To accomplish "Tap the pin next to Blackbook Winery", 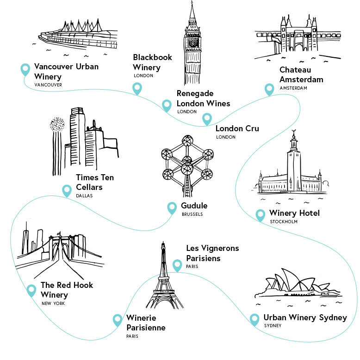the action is click(x=137, y=89).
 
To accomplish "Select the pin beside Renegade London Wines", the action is click(x=167, y=105).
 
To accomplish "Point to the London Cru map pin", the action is click(x=207, y=119).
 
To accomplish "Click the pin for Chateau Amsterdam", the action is click(x=269, y=89).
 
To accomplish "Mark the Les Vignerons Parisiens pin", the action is click(x=177, y=265).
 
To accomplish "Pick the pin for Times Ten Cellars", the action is click(x=67, y=190).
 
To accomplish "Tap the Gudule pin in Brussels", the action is click(x=172, y=208).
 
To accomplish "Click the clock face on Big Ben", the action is click(x=193, y=43).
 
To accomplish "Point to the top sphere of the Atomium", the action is click(x=187, y=140).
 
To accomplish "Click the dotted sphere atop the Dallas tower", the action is click(x=57, y=124).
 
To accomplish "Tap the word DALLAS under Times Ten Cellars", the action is click(x=84, y=196).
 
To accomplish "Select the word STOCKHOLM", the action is click(x=284, y=221).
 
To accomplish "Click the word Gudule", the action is click(x=194, y=206).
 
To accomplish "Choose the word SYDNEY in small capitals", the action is click(x=273, y=325).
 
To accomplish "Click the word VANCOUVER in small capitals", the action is click(x=48, y=85).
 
